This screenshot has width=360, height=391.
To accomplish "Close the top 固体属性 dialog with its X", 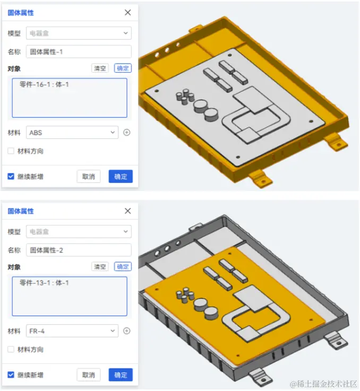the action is click(x=127, y=13).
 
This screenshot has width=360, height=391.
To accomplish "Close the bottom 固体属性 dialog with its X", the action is click(x=127, y=211).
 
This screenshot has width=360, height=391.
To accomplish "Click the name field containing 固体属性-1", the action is click(x=79, y=51).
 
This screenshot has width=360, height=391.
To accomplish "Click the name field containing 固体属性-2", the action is click(x=79, y=250).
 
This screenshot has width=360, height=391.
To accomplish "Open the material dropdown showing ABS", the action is click(x=72, y=133).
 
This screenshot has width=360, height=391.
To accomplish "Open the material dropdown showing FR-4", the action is click(x=72, y=331).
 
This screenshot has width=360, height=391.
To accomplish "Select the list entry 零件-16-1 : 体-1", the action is click(x=44, y=84).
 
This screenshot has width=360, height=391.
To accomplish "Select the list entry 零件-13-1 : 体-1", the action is click(x=44, y=283).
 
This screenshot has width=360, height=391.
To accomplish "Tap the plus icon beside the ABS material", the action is click(x=126, y=133).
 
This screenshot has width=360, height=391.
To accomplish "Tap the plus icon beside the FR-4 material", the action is click(x=126, y=331).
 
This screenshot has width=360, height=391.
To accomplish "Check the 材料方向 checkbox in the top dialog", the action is click(x=11, y=151).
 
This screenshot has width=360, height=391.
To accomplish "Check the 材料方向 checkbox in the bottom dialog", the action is click(x=11, y=350).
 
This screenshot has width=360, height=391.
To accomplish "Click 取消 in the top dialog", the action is click(x=88, y=177).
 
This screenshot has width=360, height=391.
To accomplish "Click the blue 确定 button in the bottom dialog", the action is click(x=121, y=375).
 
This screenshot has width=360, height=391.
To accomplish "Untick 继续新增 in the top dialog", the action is click(x=11, y=177).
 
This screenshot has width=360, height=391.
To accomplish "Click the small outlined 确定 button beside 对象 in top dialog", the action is click(x=123, y=68).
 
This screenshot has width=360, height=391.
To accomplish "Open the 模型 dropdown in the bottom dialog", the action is click(x=79, y=231).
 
